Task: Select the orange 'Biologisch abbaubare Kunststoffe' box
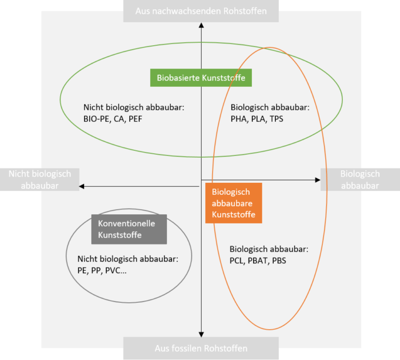point(233,203)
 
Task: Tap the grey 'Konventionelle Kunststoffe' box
point(129,229)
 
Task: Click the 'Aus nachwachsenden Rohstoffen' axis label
point(201,11)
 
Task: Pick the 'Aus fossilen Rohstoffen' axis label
point(201,348)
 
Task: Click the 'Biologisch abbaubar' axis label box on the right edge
point(359,179)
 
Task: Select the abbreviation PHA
point(239,119)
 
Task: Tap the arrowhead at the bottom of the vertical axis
point(201,334)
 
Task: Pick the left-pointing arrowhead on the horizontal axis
point(82,186)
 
